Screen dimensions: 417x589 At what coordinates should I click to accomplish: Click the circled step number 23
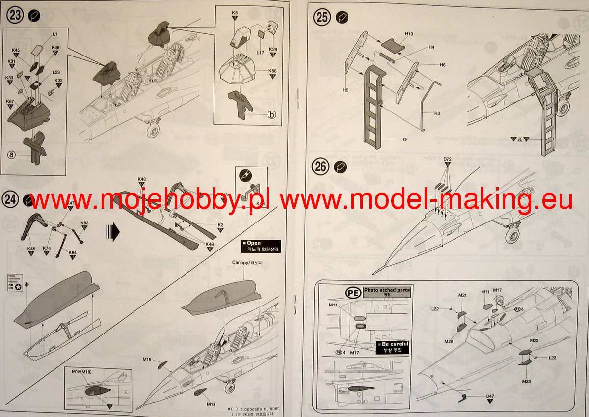tap(15, 15)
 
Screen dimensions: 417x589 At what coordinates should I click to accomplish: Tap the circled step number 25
tap(322, 18)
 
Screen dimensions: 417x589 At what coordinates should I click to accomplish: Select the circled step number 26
tap(321, 167)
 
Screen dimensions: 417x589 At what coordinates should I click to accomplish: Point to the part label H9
tap(403, 139)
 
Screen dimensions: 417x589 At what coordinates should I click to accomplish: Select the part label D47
tap(490, 396)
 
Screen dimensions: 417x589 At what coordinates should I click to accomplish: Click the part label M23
tap(526, 381)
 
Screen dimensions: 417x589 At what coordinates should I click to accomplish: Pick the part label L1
tap(55, 34)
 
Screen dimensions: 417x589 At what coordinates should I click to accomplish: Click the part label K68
tap(272, 71)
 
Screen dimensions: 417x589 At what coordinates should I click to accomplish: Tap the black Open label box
tap(261, 246)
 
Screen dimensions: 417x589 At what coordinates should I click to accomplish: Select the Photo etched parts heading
tap(386, 291)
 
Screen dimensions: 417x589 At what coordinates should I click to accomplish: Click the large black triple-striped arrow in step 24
tap(113, 230)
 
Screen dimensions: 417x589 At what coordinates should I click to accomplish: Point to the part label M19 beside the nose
tap(147, 360)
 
